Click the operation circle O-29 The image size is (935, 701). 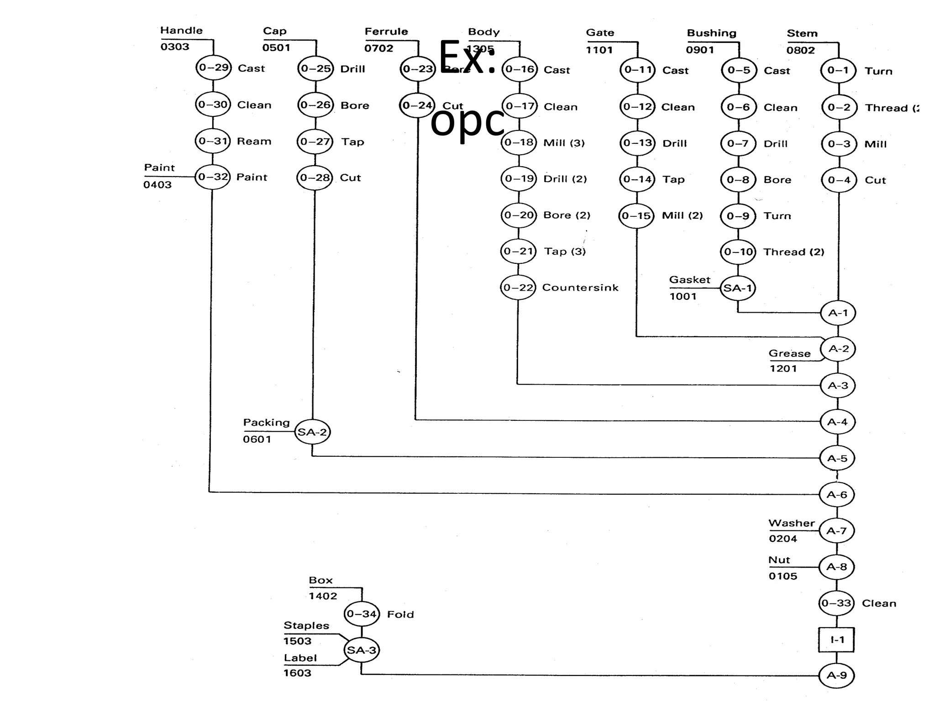click(x=214, y=68)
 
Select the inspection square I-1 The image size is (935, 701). click(x=836, y=639)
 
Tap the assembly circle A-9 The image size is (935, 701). click(x=836, y=675)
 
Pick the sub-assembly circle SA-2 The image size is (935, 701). click(x=312, y=432)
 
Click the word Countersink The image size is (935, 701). click(x=580, y=288)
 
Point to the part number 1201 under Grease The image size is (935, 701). click(x=783, y=368)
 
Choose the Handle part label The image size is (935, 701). click(x=181, y=31)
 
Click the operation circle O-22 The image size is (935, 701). click(x=518, y=288)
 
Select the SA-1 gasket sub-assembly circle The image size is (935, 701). click(x=737, y=288)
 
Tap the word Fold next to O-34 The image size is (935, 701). click(x=400, y=614)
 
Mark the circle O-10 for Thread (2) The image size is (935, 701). click(x=738, y=251)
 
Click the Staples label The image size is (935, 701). click(x=306, y=625)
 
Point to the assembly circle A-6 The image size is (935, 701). click(x=837, y=494)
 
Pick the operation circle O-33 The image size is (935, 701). click(x=836, y=603)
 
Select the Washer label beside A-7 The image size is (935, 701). click(x=791, y=523)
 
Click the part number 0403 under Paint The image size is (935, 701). click(x=158, y=185)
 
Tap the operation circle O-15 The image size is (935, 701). click(x=636, y=215)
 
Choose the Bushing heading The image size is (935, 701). click(x=711, y=33)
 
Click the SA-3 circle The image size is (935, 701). click(x=361, y=650)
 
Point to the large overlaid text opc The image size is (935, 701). click(x=467, y=121)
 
